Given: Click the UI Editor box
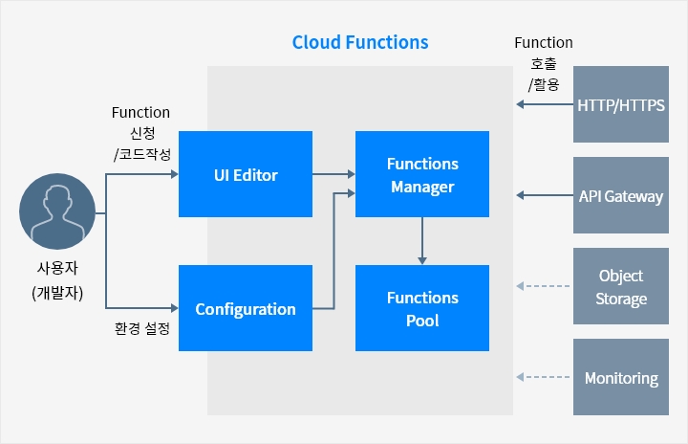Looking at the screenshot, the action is tap(246, 174).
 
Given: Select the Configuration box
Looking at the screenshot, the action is tap(246, 308).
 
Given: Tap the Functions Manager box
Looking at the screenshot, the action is tap(422, 174).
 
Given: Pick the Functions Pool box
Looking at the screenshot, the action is tap(422, 308).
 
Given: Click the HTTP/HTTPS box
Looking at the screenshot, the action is tap(621, 104).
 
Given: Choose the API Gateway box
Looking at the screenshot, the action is tap(621, 195).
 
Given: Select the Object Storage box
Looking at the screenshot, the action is tap(621, 286).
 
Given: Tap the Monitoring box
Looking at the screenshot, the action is tap(621, 377).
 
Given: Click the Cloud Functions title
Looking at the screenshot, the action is tap(360, 43).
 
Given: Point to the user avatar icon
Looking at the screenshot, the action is tap(57, 211).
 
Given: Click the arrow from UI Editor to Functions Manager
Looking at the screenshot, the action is tap(333, 174).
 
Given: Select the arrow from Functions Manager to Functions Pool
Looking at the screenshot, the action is tap(422, 241).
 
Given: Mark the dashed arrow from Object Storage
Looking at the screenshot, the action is tap(543, 286).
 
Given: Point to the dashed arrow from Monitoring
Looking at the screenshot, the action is tap(543, 377).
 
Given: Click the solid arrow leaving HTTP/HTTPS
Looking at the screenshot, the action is tap(545, 104).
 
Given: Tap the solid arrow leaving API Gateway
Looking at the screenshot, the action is tap(545, 195).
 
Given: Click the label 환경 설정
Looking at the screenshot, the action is tap(142, 328).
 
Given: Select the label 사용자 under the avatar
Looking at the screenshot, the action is tap(57, 268).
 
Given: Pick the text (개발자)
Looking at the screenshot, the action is tap(57, 293).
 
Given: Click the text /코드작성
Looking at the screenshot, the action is tap(142, 154).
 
